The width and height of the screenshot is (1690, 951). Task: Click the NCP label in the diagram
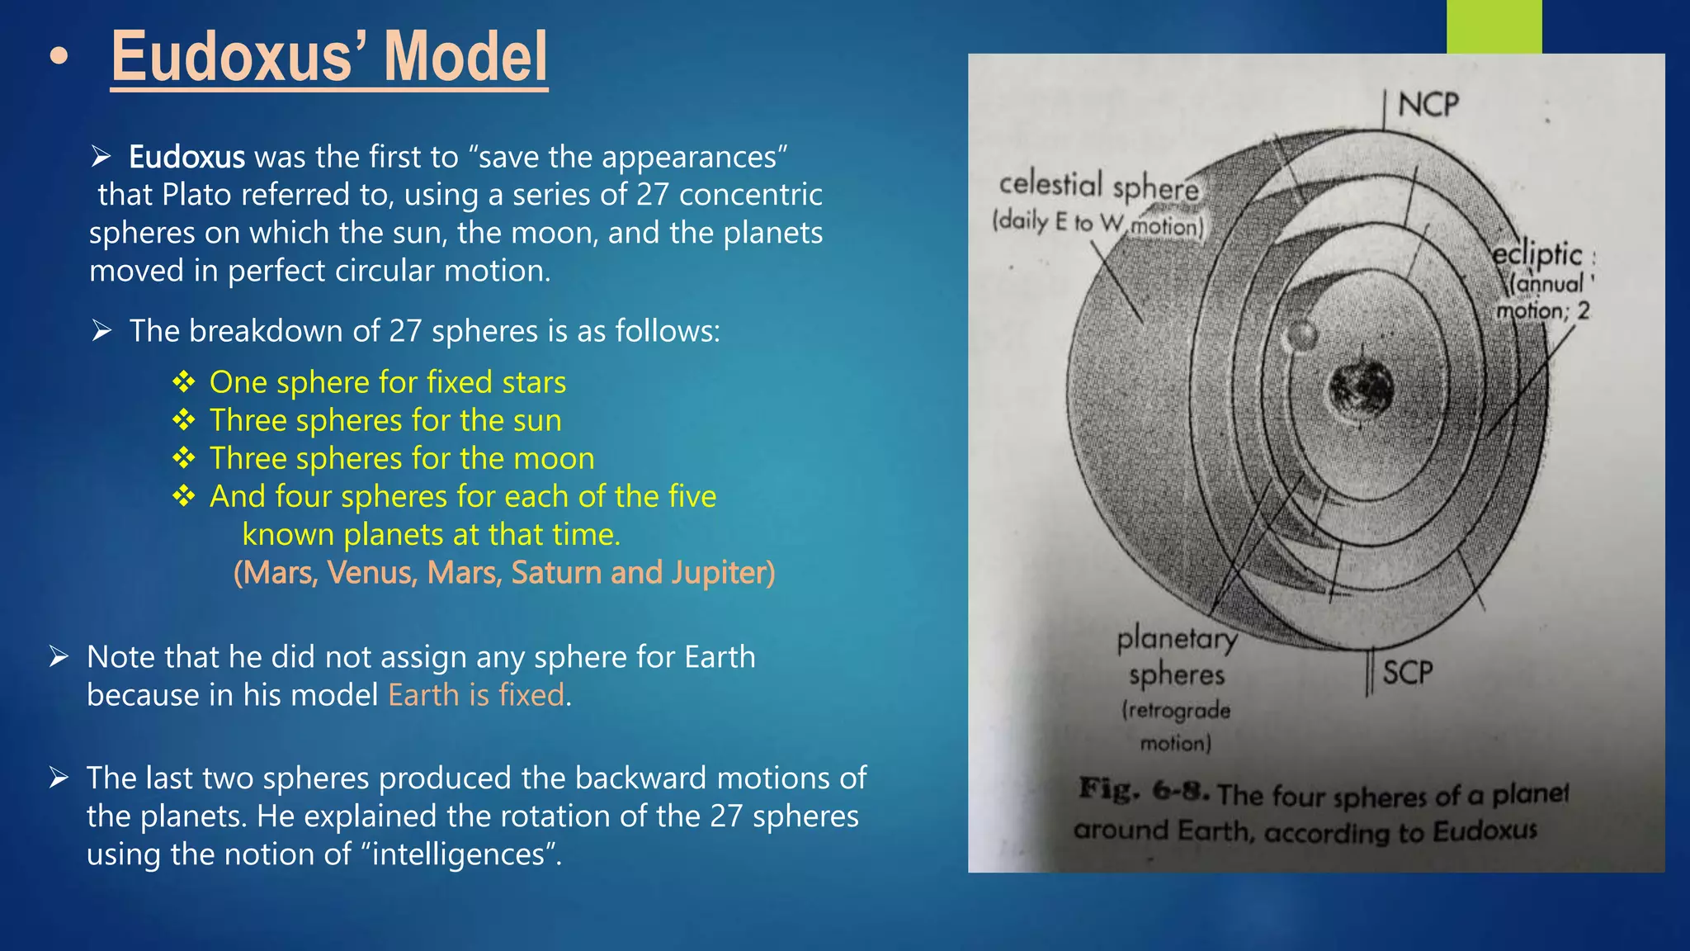[1428, 105]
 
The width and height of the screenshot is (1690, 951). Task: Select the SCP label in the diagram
[1408, 673]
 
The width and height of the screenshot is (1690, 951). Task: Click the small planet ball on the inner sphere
[1301, 335]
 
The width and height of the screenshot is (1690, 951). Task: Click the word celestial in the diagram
[1050, 183]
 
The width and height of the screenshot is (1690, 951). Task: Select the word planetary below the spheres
[1177, 639]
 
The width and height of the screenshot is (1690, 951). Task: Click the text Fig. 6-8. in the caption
[1144, 790]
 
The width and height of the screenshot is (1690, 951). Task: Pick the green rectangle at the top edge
[1494, 26]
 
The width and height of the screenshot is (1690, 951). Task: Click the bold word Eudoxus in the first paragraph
[186, 157]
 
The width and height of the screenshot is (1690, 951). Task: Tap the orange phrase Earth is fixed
[476, 695]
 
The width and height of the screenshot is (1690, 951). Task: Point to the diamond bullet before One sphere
[184, 381]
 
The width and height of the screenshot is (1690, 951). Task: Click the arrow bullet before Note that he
[59, 657]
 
